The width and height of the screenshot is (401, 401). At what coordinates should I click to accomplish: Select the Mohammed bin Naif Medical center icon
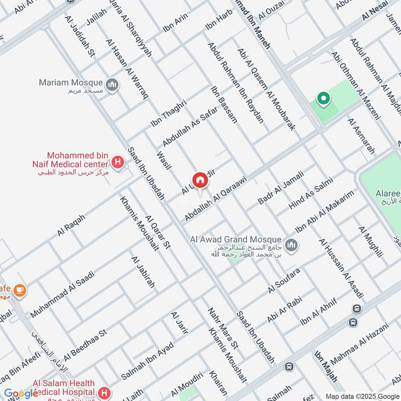point(118,162)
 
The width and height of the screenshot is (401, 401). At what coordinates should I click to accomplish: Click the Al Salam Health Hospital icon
point(104,391)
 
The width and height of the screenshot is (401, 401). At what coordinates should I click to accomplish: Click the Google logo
point(21,393)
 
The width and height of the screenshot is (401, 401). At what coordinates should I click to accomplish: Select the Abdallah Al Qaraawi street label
point(216,198)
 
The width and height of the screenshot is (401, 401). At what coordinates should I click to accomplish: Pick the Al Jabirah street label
point(142,272)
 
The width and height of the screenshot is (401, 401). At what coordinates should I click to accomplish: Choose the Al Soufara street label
point(284,281)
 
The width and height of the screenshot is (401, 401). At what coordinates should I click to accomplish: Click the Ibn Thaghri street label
point(168,113)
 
